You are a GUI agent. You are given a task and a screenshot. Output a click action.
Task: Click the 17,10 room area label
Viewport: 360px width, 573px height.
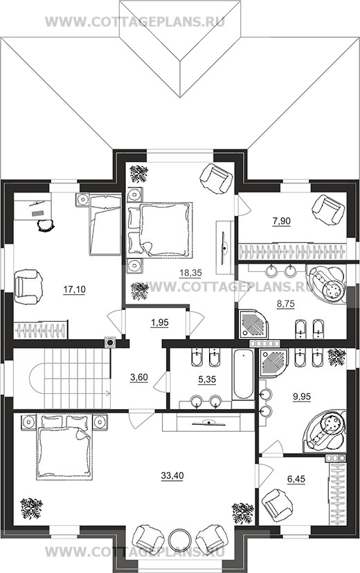(74, 290)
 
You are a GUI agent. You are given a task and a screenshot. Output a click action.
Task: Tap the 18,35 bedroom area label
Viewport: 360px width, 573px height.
(191, 273)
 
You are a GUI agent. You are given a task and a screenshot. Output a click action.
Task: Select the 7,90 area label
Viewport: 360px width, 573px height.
(281, 221)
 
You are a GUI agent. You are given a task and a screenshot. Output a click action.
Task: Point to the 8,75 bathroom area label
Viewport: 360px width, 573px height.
(286, 304)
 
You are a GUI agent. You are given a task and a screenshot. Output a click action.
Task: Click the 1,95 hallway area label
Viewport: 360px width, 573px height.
(159, 322)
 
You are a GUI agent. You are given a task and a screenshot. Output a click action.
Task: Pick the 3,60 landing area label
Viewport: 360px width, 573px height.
(139, 377)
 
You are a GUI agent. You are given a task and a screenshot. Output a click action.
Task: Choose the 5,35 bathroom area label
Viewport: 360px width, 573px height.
(207, 380)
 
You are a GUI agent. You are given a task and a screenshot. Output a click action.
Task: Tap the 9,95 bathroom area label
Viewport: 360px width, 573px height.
(302, 397)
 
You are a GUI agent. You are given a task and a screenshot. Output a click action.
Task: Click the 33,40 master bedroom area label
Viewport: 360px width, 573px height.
(172, 475)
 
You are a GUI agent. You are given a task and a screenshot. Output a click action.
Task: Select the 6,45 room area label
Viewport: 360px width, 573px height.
(296, 479)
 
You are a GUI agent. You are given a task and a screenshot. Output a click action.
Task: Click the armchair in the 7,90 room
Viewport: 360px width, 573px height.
(328, 210)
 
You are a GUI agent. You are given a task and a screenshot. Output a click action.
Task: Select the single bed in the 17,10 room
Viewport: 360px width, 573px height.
(105, 224)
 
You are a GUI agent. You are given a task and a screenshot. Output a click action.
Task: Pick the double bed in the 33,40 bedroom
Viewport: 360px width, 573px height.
(64, 447)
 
